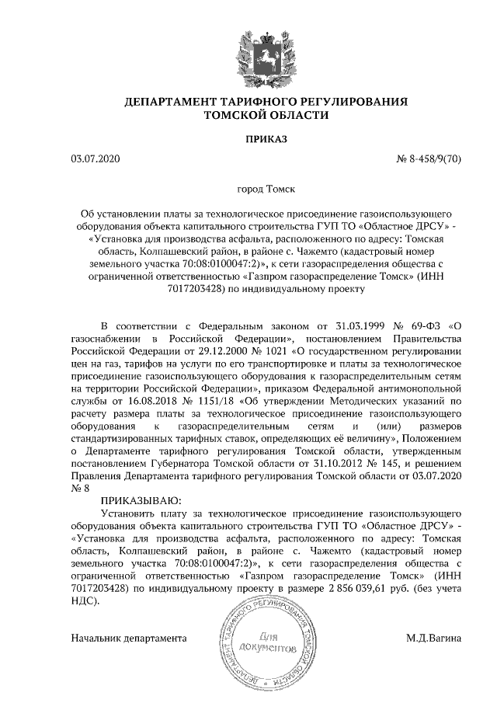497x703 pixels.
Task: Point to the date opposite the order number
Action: click(x=96, y=160)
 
